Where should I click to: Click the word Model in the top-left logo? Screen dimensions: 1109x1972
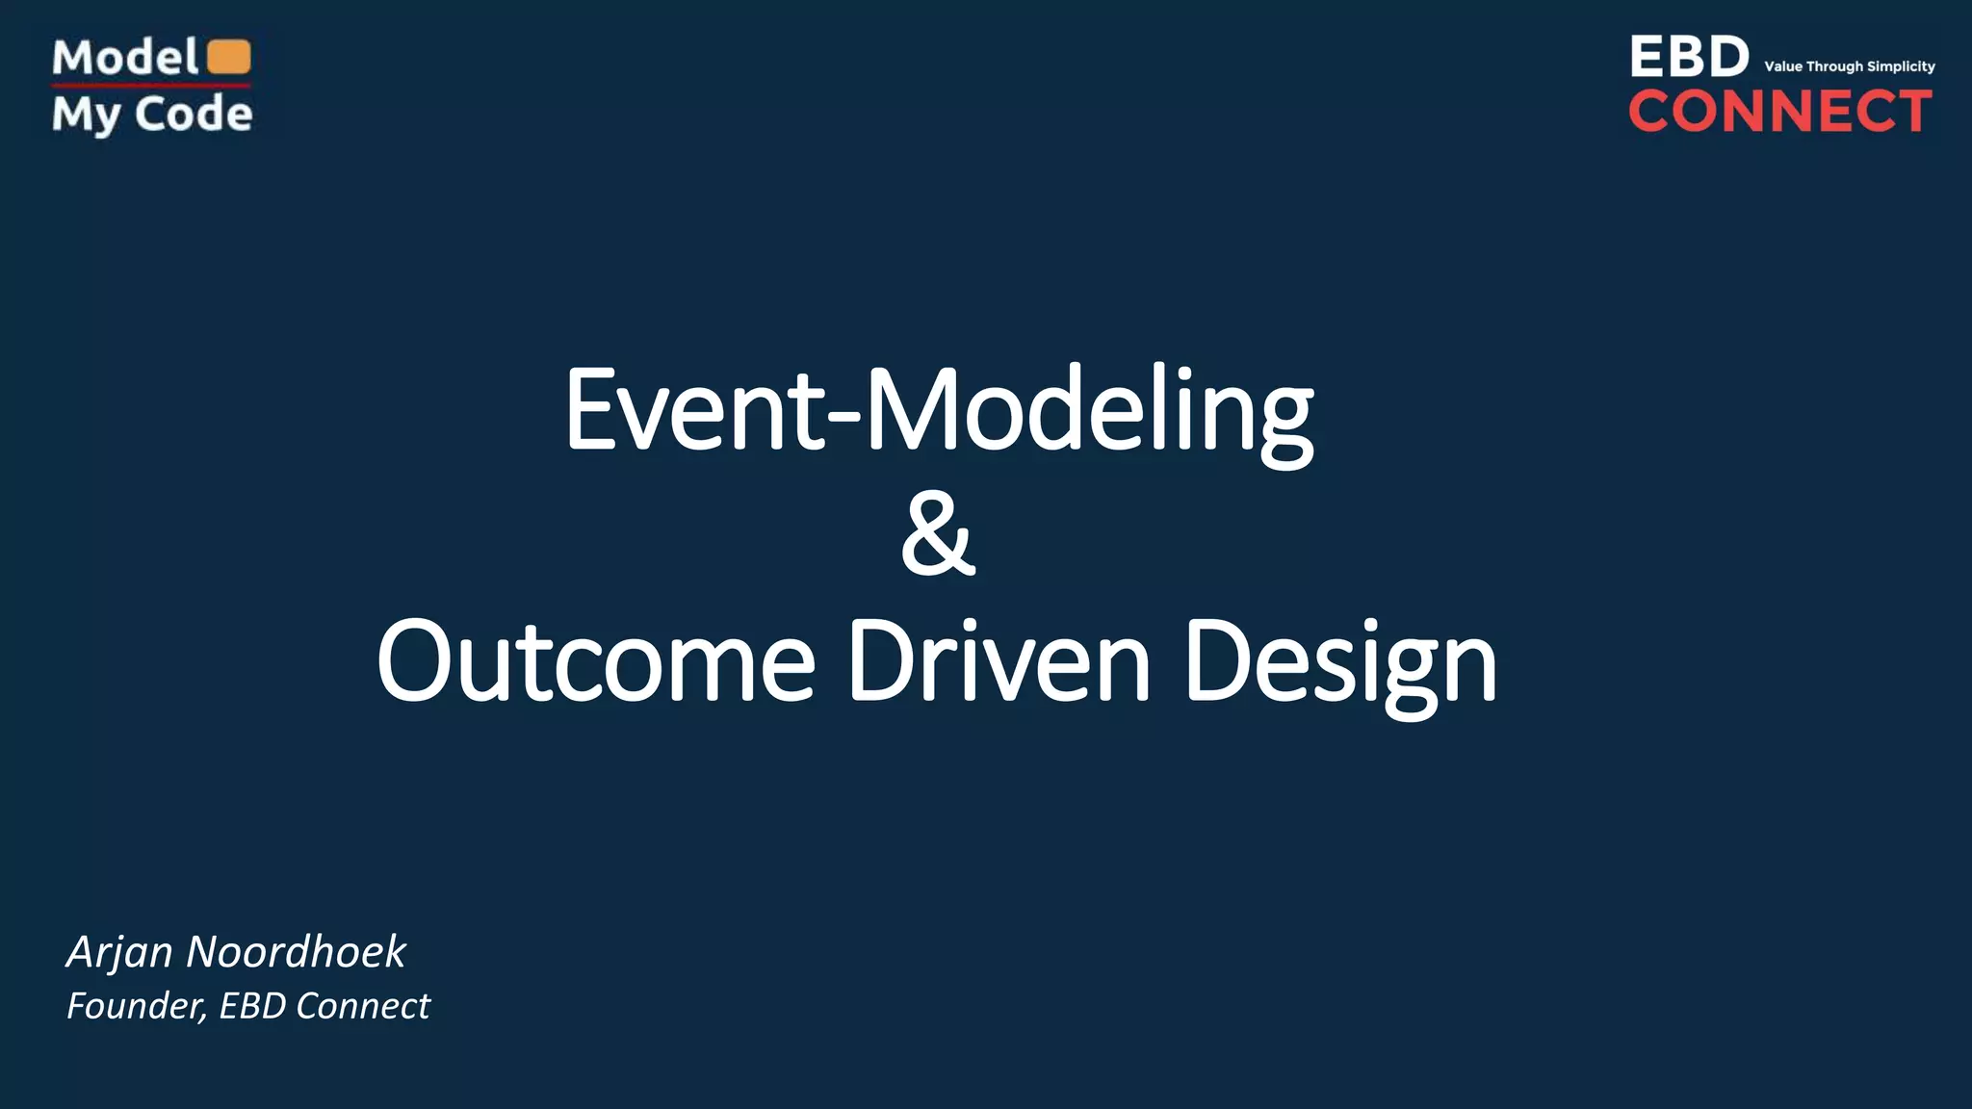125,58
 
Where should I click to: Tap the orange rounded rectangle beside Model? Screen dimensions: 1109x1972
229,57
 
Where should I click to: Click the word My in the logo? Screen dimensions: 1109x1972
86,116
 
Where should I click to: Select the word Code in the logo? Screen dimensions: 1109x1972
194,114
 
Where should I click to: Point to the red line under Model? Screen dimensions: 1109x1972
151,86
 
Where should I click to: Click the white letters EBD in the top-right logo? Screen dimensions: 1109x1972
1689,57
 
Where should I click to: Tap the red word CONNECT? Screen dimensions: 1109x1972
1780,111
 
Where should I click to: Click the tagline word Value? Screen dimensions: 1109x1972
1783,66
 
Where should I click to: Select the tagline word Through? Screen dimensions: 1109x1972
1834,66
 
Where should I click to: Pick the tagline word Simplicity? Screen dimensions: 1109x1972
1901,66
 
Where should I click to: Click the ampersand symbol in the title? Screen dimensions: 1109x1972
938,534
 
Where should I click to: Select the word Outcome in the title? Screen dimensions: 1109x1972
596,661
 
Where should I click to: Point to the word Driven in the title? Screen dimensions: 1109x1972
999,661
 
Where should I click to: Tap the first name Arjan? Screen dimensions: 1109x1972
119,952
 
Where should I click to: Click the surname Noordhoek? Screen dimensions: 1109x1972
296,951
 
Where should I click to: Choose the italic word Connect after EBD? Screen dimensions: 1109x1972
363,1006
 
